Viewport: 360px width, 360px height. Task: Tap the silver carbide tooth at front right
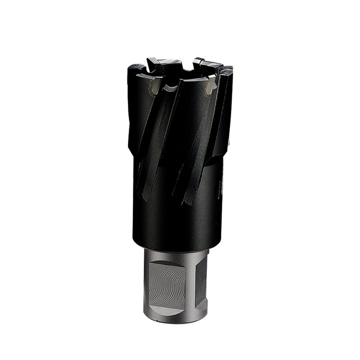point(211,85)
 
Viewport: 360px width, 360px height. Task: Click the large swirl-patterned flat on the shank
point(169,283)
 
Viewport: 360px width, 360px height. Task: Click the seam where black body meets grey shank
point(175,249)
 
